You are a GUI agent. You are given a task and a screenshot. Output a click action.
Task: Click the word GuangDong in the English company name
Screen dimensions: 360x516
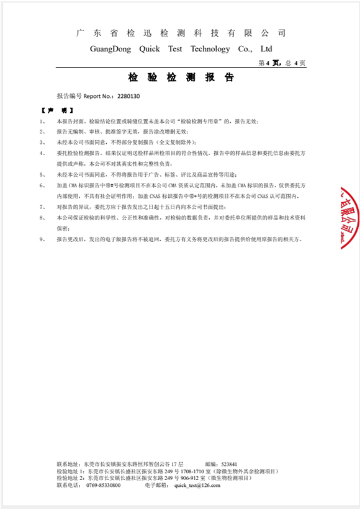coord(110,48)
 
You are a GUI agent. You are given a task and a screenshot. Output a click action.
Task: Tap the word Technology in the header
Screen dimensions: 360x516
coord(210,48)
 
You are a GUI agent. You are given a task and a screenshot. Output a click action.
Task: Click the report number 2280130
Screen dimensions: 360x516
coord(128,96)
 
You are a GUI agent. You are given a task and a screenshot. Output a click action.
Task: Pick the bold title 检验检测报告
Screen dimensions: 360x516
coord(181,78)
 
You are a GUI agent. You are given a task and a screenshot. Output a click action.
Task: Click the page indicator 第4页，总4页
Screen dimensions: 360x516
coord(281,63)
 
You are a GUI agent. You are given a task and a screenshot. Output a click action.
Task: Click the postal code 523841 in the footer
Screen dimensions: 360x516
coord(229,464)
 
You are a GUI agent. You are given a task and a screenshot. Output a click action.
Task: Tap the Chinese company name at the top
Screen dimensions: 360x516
coord(181,33)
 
